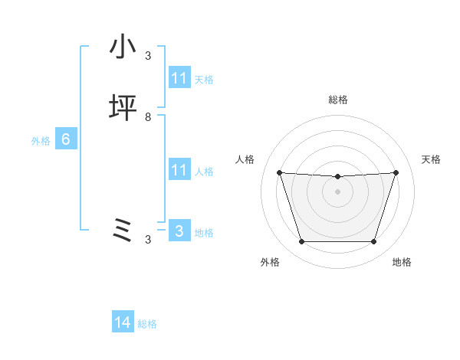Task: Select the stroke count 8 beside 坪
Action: (x=148, y=117)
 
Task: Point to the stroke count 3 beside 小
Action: (x=148, y=55)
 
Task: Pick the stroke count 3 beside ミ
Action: (x=148, y=240)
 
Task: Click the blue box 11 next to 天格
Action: (x=179, y=78)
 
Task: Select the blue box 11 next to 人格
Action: (x=179, y=170)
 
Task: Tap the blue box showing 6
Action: (x=66, y=140)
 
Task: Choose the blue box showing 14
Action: (x=123, y=323)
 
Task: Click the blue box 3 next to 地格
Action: (x=179, y=231)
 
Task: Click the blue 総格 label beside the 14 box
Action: (x=147, y=324)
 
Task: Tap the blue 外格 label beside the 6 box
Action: (x=41, y=141)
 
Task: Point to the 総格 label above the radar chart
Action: (x=338, y=100)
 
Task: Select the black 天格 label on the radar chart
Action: (x=432, y=159)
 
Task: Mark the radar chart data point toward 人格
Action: (x=279, y=172)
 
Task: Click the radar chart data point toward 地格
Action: (x=373, y=242)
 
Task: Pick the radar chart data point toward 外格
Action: (x=301, y=242)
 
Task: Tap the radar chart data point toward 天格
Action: (x=396, y=172)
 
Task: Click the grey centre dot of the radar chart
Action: (x=337, y=191)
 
